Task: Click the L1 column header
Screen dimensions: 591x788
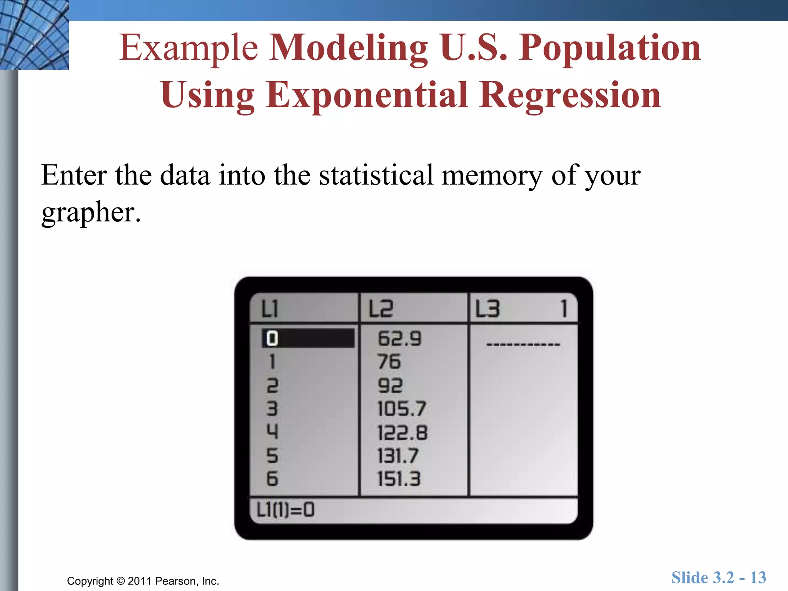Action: [270, 309]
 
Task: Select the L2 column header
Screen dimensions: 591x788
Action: [381, 309]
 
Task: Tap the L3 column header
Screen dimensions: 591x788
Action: [487, 309]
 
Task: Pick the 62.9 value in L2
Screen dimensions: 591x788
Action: [400, 339]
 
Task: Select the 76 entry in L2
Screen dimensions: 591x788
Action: [389, 362]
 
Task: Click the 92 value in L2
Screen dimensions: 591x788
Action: [390, 386]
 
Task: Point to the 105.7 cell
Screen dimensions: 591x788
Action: [402, 409]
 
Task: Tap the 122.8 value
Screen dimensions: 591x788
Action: [402, 432]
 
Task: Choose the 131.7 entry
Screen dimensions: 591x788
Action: [398, 456]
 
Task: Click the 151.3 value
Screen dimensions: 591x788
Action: [399, 479]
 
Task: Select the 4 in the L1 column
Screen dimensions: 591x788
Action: [272, 431]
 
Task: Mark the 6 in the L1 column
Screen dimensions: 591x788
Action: [272, 479]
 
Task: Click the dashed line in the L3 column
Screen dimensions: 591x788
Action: [523, 344]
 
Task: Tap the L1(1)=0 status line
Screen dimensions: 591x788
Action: [285, 510]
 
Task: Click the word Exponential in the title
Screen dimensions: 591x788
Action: [366, 95]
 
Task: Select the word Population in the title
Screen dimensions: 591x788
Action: [609, 48]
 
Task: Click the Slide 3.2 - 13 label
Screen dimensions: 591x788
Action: [719, 578]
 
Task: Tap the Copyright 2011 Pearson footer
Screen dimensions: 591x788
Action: [143, 581]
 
